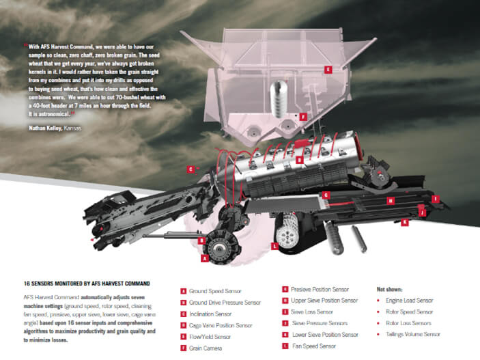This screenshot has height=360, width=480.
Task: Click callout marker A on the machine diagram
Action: tap(204, 258)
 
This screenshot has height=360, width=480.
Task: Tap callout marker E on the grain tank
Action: tap(328, 69)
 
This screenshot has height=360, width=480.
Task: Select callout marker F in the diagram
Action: tap(303, 117)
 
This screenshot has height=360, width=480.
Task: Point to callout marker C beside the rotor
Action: tap(190, 168)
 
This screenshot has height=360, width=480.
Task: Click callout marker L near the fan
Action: tap(274, 245)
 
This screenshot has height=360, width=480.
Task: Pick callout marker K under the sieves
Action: tap(404, 222)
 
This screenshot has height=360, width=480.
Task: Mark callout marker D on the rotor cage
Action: tap(299, 160)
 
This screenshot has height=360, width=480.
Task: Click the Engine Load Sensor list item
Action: tap(410, 300)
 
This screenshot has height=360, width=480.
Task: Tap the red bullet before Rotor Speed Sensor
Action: tap(379, 311)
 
